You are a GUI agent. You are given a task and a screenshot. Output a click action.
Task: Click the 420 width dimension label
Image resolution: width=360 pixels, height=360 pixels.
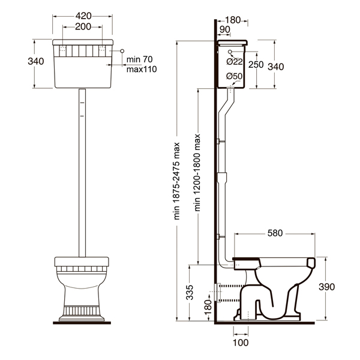pos(83,16)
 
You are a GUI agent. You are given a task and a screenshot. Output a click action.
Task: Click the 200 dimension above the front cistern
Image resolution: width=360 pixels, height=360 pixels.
pos(83,26)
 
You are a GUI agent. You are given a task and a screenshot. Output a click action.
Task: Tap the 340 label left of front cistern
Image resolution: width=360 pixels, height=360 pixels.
pos(36,61)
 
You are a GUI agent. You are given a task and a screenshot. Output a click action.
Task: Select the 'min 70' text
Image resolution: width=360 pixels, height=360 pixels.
pos(140,59)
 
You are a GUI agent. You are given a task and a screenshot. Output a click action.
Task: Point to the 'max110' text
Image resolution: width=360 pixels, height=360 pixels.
pos(142,69)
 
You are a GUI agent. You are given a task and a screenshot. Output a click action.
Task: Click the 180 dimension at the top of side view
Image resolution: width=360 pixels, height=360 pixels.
pos(233,20)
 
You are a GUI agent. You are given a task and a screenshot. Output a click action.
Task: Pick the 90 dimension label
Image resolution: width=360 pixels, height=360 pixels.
pos(225,29)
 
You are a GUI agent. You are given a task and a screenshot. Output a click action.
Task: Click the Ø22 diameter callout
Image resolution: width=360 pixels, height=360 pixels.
pos(235,62)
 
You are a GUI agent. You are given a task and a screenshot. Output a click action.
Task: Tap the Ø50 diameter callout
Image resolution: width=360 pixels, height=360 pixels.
pos(234,76)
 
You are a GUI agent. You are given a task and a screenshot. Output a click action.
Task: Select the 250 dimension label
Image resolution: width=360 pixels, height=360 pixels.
pos(256,65)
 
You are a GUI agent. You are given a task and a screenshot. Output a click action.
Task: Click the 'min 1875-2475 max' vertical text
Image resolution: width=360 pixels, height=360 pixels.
pos(177,181)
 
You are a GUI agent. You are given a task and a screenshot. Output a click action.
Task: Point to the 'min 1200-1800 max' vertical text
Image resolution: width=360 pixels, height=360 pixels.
pos(197,173)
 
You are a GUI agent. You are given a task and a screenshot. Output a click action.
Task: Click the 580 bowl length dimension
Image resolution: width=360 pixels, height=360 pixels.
pos(275,233)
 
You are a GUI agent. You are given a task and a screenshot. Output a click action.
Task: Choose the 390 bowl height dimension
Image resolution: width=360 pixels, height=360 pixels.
pos(327,287)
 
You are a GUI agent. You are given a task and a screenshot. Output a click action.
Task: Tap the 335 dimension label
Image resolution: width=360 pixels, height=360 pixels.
pos(190,293)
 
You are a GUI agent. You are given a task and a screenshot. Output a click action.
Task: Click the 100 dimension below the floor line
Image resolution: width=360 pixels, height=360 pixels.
pos(241,343)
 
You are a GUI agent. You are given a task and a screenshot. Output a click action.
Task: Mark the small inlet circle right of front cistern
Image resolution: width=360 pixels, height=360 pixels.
pos(122,51)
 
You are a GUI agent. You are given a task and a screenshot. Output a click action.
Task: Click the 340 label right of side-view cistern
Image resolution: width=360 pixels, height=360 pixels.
pos(276,67)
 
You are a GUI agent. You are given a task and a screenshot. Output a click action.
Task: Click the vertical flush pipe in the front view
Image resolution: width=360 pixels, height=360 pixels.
pos(82,173)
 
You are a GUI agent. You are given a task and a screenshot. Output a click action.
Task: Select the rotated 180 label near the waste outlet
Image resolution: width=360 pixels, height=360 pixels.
pos(208,307)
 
